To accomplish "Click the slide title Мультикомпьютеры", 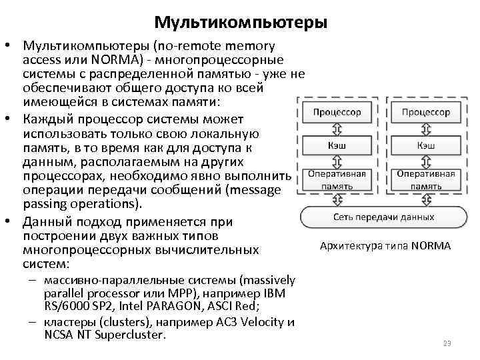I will [x=240, y=23].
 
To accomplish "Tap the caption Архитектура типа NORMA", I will [x=385, y=246].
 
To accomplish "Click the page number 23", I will [x=447, y=343].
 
